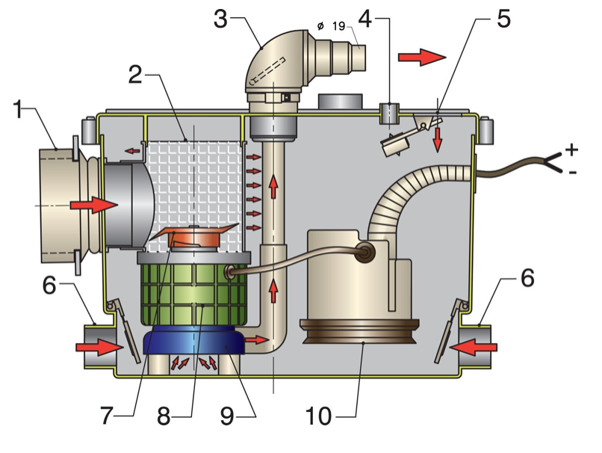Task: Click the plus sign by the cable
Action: tap(572, 150)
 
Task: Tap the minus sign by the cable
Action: tap(571, 173)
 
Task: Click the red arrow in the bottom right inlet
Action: tap(472, 347)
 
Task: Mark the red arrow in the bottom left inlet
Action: tap(97, 348)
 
